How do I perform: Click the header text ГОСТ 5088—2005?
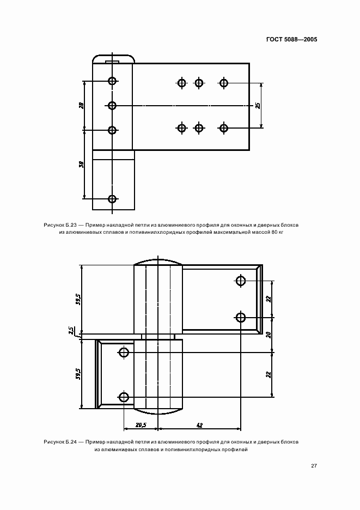(291, 39)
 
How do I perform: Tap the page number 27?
(314, 466)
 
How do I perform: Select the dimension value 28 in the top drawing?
(81, 105)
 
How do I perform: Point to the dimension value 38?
(81, 164)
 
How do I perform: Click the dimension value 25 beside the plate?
(258, 105)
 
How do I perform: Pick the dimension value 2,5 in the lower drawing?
(71, 331)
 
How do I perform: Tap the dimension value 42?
(200, 425)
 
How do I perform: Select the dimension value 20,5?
(141, 425)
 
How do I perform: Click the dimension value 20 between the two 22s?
(269, 335)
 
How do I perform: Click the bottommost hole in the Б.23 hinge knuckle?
(112, 199)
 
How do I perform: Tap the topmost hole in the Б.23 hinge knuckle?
(112, 81)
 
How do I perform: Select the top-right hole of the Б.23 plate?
(224, 83)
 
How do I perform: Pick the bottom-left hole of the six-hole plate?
(182, 128)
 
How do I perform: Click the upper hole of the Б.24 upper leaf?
(241, 281)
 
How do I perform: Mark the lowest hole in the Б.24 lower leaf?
(124, 397)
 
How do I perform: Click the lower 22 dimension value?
(269, 374)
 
